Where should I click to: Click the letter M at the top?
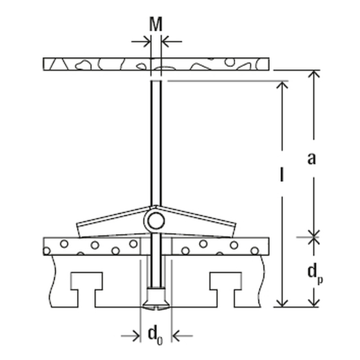tap(156, 24)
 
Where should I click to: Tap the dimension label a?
tap(311, 158)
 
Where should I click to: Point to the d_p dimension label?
tap(315, 274)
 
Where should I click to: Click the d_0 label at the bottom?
tap(155, 336)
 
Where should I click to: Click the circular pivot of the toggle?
tap(156, 220)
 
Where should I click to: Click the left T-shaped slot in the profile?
tap(86, 289)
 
